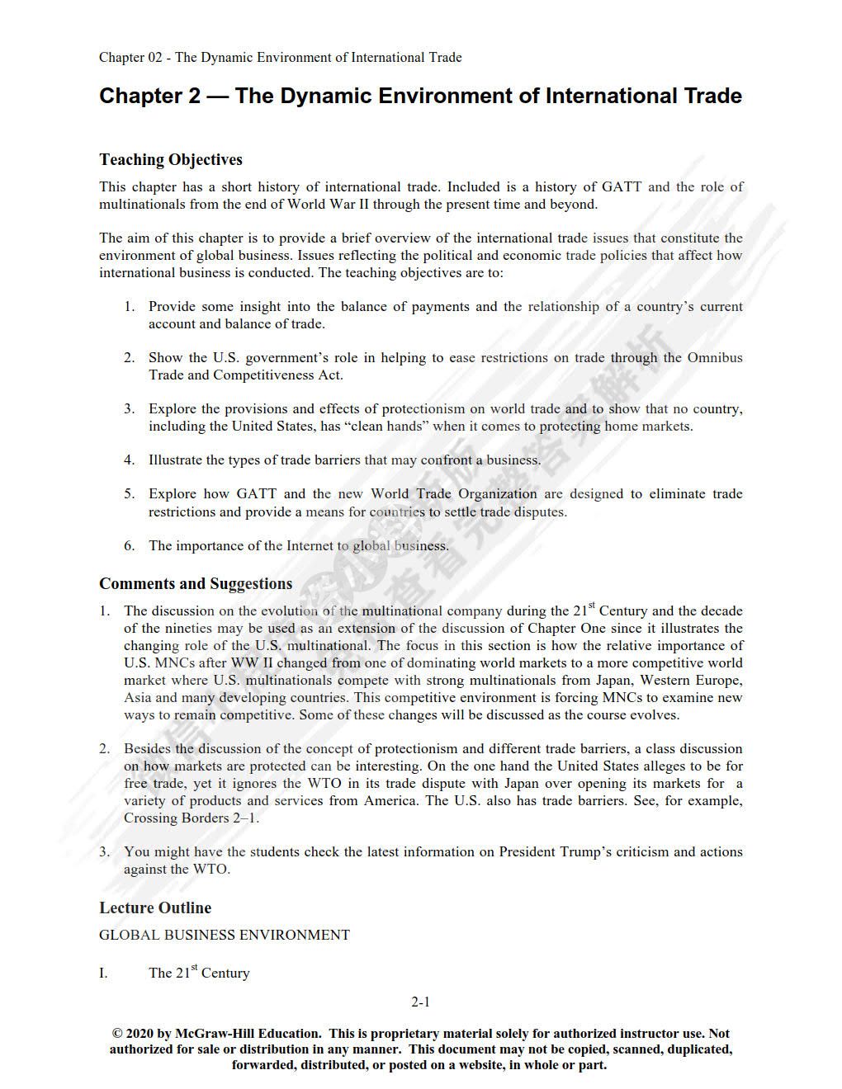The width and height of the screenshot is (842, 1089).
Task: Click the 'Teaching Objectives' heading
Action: pos(171,159)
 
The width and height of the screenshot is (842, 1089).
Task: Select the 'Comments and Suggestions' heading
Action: pos(196,583)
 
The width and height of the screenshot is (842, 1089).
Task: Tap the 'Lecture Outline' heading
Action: pos(155,907)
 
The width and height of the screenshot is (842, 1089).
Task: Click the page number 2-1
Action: pos(421,1002)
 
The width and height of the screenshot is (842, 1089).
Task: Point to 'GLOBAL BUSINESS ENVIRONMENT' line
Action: pos(225,935)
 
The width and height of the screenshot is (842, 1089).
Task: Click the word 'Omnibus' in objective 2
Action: pos(715,357)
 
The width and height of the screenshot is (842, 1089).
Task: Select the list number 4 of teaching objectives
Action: pos(129,460)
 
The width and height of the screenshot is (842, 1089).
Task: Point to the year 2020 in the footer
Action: pos(140,1033)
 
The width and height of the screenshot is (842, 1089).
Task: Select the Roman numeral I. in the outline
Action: pos(103,973)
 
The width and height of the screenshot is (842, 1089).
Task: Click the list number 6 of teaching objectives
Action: pos(129,545)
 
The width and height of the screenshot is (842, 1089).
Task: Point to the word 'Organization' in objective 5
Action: pos(498,493)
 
